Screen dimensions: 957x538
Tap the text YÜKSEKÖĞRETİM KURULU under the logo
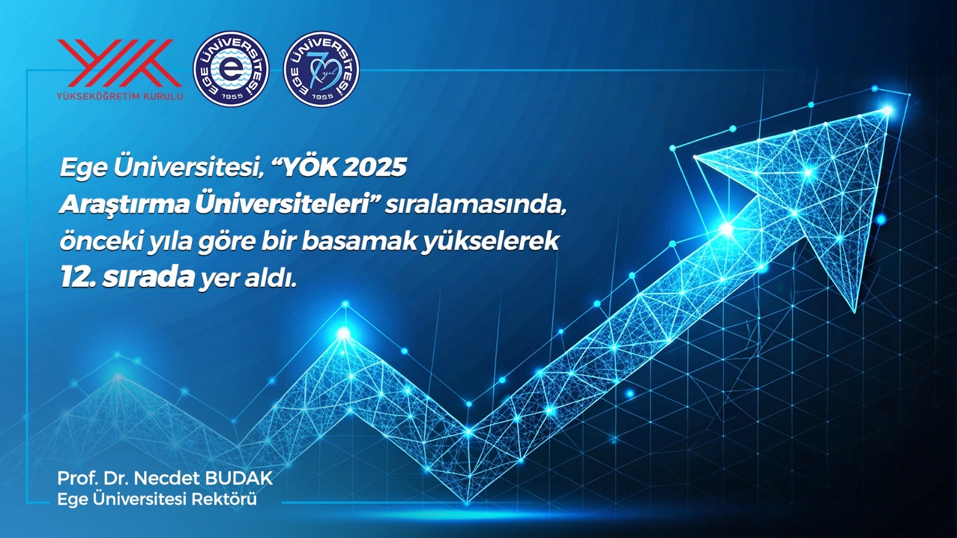(x=120, y=96)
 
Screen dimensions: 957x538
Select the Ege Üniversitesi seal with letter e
(x=231, y=69)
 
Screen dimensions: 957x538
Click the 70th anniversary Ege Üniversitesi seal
(x=321, y=69)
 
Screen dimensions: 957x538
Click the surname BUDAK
(x=239, y=478)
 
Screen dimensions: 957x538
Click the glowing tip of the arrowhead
(x=888, y=111)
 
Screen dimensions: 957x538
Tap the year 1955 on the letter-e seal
(x=231, y=96)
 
